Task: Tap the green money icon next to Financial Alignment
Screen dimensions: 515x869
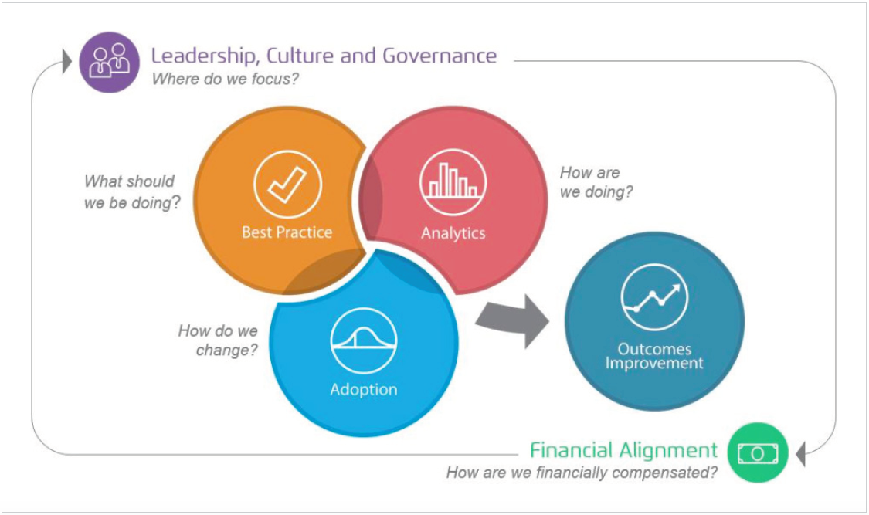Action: coord(757,452)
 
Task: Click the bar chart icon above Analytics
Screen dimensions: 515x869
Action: coord(453,182)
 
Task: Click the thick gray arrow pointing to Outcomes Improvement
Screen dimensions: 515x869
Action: coord(513,318)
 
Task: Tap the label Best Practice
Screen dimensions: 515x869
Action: coord(287,232)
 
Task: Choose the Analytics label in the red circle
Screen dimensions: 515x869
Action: coord(453,232)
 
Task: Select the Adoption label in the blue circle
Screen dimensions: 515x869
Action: coord(364,389)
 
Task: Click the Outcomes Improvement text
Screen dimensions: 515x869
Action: coord(654,357)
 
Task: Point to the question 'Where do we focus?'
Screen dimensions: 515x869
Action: coord(225,79)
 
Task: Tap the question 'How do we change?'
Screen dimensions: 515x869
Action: coord(218,340)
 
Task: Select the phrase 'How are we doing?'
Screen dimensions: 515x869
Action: coord(596,182)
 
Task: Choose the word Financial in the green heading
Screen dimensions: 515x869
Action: coord(572,450)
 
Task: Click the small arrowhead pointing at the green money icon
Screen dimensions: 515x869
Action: coord(800,452)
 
